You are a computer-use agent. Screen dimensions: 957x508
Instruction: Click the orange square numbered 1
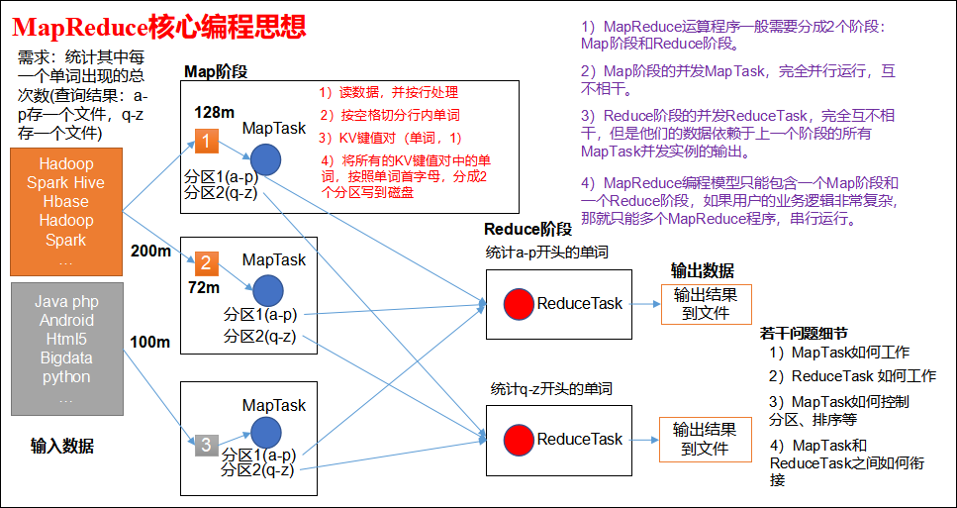point(206,142)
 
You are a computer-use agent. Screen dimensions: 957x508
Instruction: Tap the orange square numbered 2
point(206,263)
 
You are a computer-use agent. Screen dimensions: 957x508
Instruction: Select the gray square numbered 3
point(206,445)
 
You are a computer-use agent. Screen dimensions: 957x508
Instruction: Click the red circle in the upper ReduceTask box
point(520,303)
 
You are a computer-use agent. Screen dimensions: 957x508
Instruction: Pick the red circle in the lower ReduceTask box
point(520,439)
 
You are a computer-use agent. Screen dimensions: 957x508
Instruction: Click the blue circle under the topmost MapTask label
point(265,160)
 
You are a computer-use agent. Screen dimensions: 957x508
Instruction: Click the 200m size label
point(150,251)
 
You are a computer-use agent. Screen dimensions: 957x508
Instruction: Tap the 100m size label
point(150,342)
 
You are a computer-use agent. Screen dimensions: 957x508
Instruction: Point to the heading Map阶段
point(216,72)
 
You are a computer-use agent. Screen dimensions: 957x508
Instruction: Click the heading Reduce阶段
point(527,230)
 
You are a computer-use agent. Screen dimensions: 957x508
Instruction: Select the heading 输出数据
point(702,270)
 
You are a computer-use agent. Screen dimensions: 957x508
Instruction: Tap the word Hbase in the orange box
point(66,201)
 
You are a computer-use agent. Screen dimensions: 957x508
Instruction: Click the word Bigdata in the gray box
point(66,357)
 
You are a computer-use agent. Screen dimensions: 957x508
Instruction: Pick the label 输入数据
point(61,447)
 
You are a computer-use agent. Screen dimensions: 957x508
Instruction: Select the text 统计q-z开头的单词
point(551,389)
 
